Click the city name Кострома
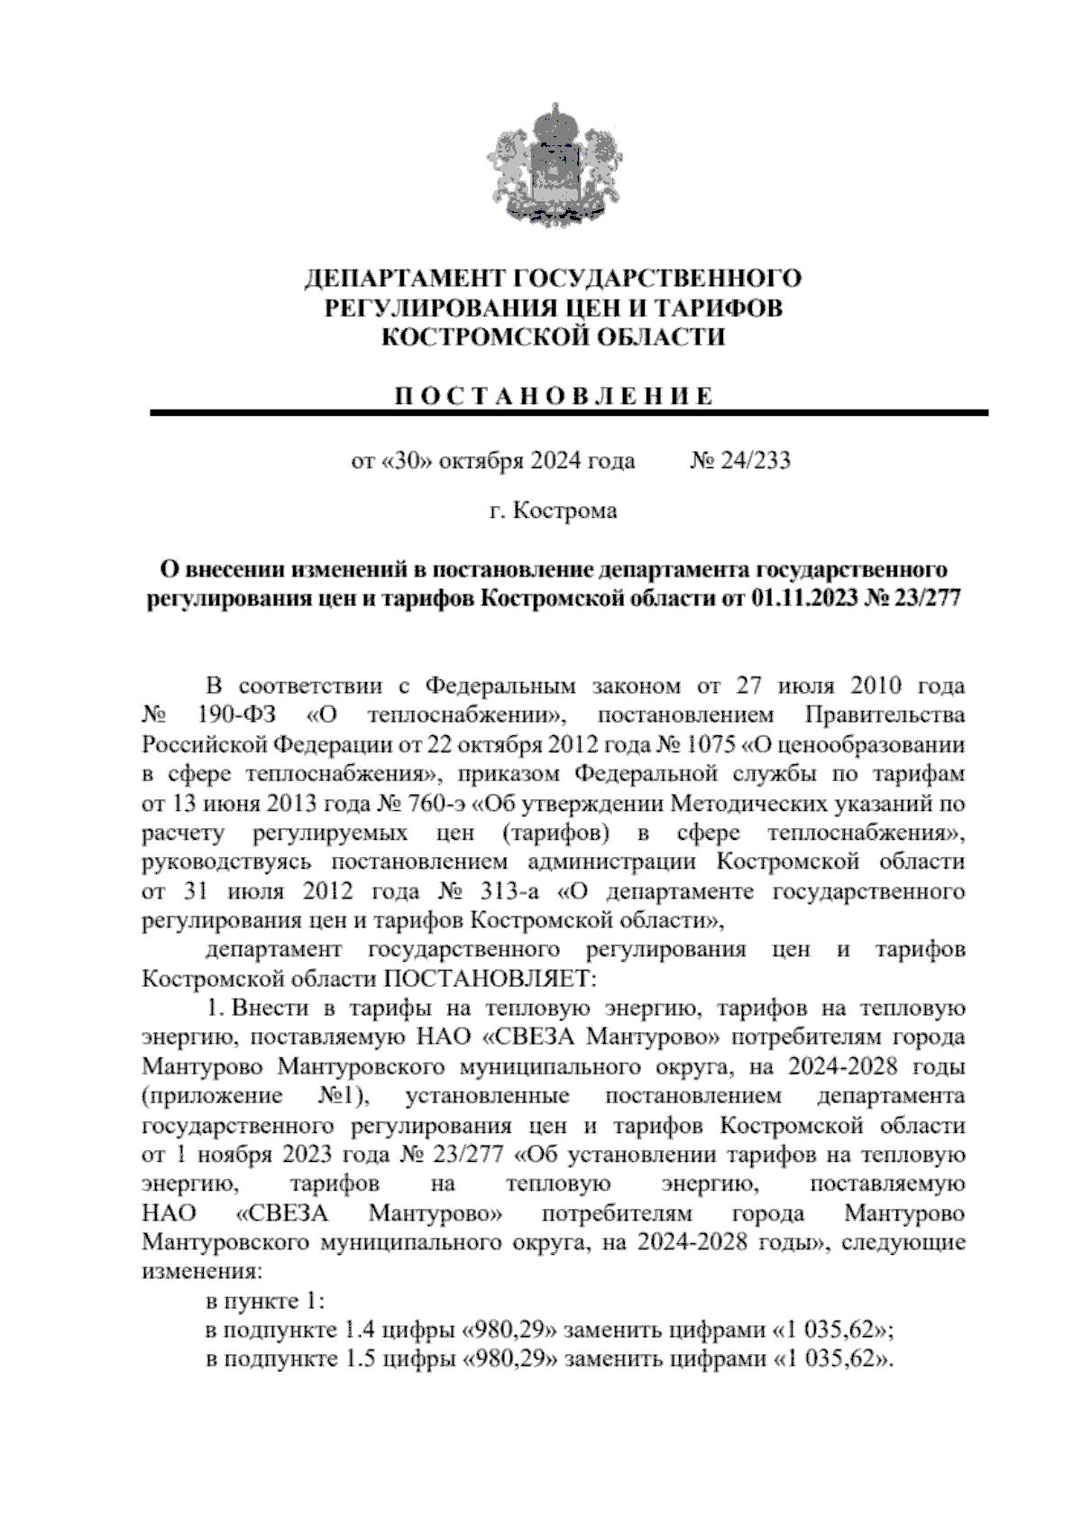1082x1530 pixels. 564,512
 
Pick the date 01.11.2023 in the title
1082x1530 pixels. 799,599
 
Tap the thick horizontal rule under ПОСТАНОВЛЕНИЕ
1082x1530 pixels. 568,413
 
